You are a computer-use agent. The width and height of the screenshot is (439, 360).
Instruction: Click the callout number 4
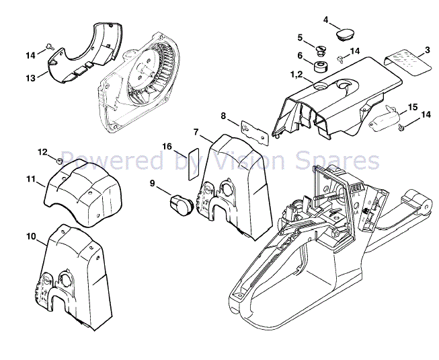tap(326, 20)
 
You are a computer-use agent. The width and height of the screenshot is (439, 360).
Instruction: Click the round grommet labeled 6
tap(321, 67)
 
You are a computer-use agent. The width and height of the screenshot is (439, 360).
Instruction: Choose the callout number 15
tap(413, 106)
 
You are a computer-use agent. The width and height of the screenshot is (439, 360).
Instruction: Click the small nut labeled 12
tap(59, 160)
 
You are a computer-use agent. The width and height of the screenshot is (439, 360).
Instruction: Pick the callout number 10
tap(31, 236)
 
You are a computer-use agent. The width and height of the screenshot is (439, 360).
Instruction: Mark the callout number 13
tap(30, 78)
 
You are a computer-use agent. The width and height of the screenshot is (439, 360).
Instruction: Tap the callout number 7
tap(196, 131)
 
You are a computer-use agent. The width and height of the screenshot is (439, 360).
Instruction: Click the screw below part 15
tap(401, 126)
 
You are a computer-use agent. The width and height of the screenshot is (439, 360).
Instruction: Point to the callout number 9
tap(152, 182)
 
